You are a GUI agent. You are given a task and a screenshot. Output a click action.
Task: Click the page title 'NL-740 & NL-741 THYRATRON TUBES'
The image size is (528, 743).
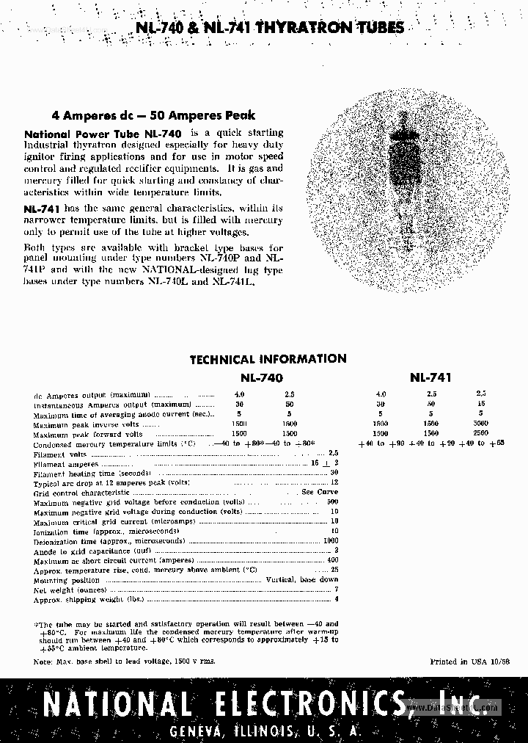click(271, 29)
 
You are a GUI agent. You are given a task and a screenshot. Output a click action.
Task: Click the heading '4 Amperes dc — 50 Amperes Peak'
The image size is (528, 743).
click(153, 115)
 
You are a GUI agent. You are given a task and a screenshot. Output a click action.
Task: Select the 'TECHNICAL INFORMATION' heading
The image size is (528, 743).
click(268, 359)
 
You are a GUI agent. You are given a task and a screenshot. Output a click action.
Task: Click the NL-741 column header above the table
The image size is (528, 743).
click(430, 377)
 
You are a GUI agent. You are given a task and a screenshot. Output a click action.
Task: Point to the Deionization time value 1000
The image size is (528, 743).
click(330, 540)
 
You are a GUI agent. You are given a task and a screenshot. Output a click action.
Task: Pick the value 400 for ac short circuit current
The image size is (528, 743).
click(332, 560)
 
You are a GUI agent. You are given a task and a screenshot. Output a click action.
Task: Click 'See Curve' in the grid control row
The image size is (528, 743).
click(320, 492)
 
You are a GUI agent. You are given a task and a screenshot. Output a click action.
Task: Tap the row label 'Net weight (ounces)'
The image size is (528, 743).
click(70, 590)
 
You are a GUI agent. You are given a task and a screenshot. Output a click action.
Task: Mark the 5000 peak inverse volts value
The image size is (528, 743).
click(480, 424)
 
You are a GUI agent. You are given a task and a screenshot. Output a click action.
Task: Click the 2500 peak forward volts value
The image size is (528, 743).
click(480, 434)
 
